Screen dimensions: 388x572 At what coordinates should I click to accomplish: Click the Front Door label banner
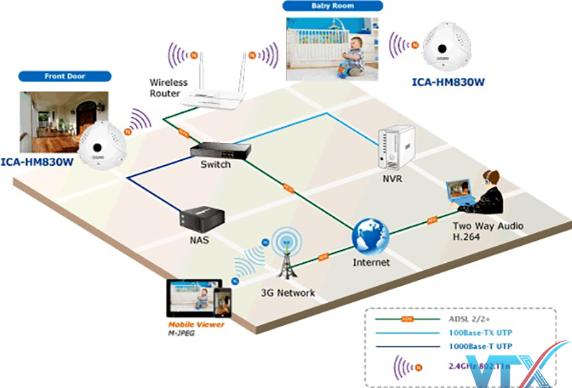65,76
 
